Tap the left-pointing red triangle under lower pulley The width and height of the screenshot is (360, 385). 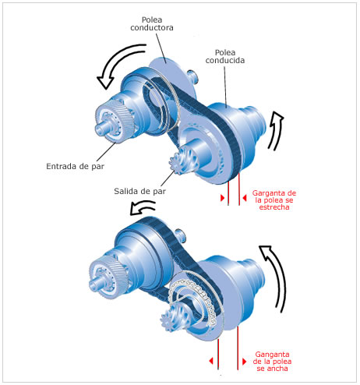coord(211,361)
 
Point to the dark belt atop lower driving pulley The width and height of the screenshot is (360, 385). coord(148,226)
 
